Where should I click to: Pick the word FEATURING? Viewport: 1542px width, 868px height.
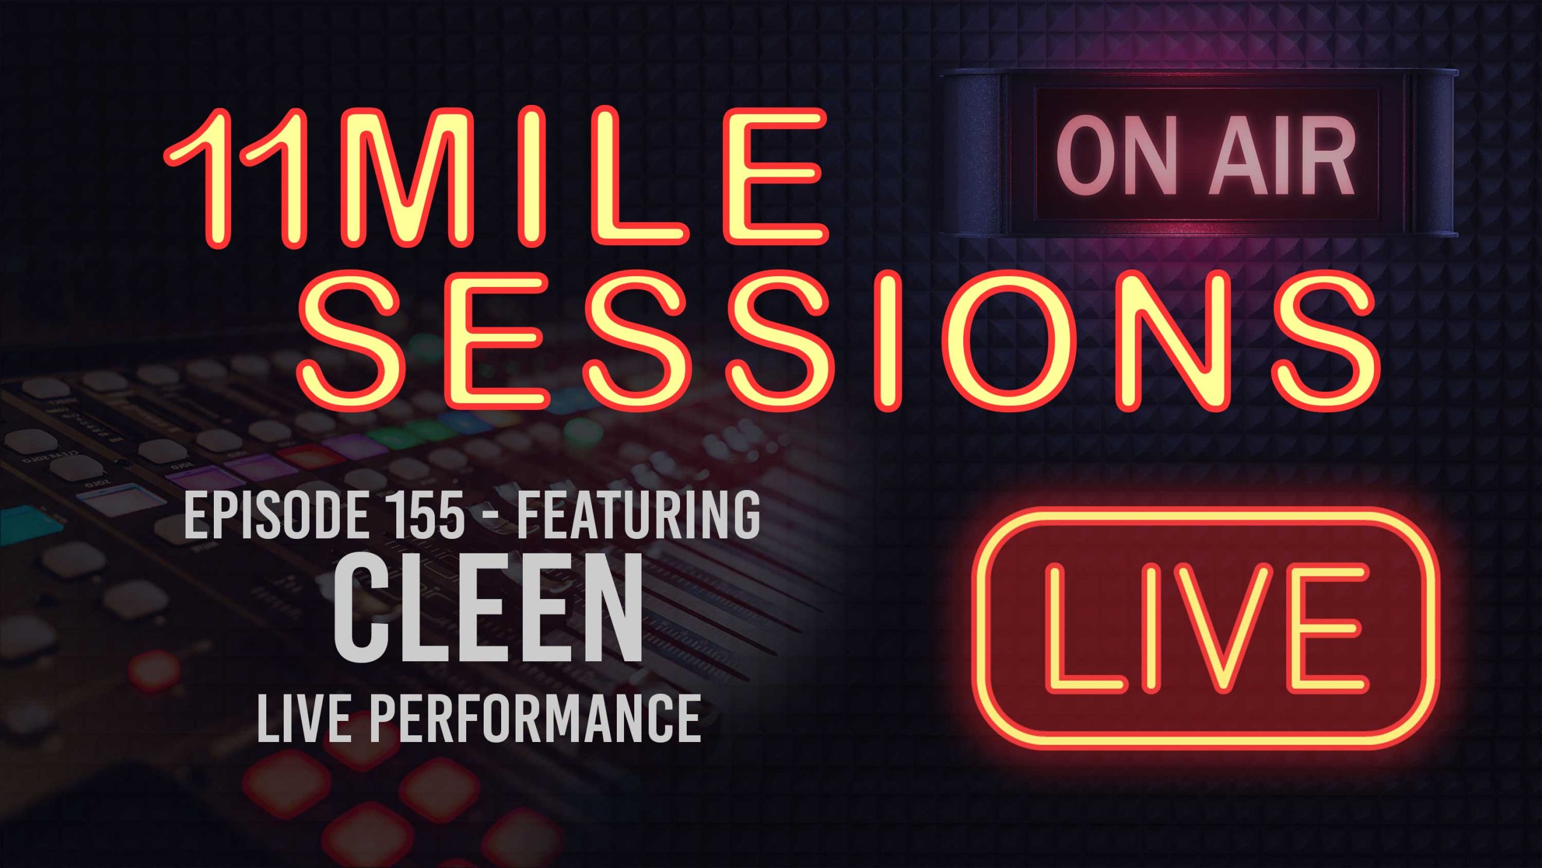(x=638, y=515)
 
